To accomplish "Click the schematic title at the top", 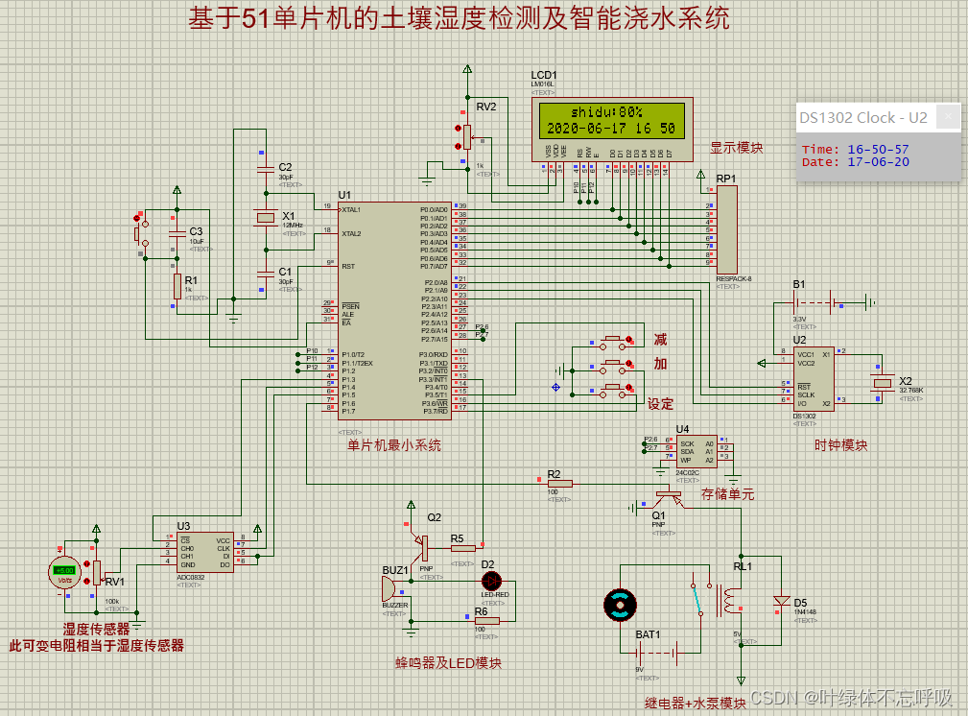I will pyautogui.click(x=459, y=18).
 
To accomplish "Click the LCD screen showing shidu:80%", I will pyautogui.click(x=609, y=120).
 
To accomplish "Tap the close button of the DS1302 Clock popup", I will pyautogui.click(x=948, y=117).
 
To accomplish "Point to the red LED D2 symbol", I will pyautogui.click(x=491, y=580).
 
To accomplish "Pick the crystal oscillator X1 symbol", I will pyautogui.click(x=265, y=219).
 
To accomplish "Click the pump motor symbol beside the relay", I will pyautogui.click(x=620, y=604).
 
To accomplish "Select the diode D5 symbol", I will pyautogui.click(x=782, y=602).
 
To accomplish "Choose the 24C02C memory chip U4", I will pyautogui.click(x=696, y=451).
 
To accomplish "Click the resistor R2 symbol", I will pyautogui.click(x=559, y=484).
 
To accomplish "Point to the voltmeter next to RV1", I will pyautogui.click(x=63, y=573).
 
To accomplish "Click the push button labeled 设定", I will pyautogui.click(x=612, y=389).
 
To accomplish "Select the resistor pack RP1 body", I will pyautogui.click(x=727, y=230).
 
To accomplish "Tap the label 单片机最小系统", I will pyautogui.click(x=394, y=444).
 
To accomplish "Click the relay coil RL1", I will pyautogui.click(x=730, y=602).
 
